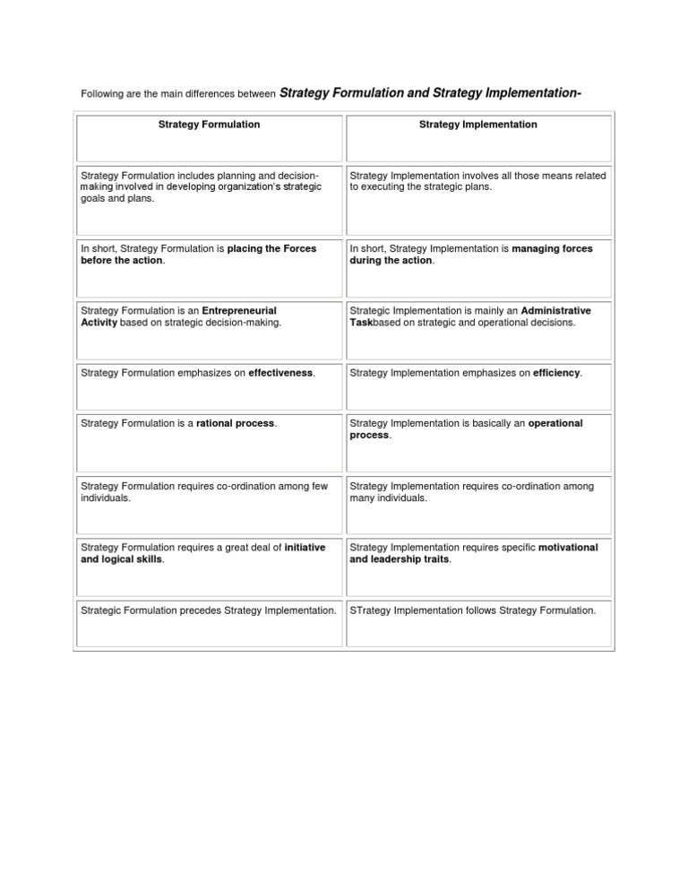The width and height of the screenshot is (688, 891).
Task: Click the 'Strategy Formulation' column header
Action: coord(208,125)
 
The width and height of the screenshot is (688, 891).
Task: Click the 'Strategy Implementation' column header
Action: coord(478,125)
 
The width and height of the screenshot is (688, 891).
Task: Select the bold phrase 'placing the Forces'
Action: coord(272,248)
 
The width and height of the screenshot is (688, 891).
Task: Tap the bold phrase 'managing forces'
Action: coord(552,248)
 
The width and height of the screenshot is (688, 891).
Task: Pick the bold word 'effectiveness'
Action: coord(280,372)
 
